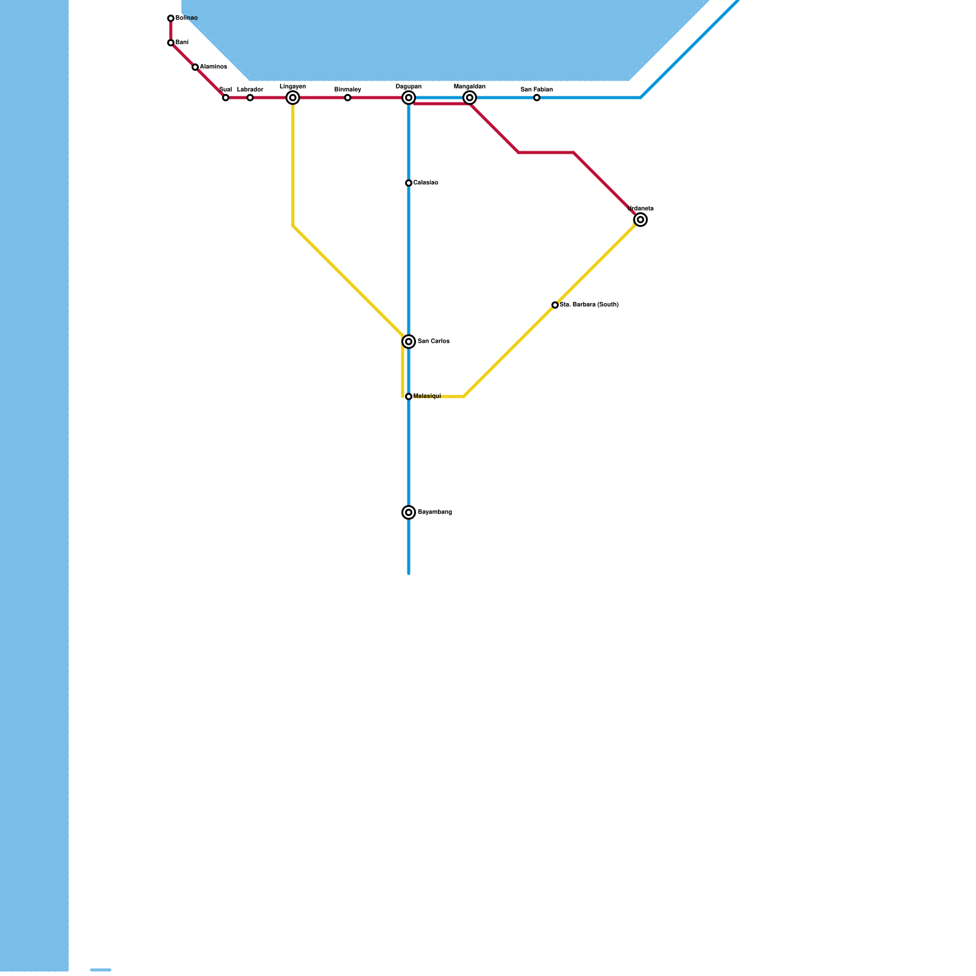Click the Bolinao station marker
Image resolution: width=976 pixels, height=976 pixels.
171,18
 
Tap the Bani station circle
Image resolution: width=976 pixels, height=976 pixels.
171,43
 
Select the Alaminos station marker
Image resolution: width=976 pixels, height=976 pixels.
195,67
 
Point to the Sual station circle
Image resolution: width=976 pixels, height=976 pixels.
226,98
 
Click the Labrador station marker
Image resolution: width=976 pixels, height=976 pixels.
250,98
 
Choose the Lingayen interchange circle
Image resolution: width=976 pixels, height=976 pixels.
293,98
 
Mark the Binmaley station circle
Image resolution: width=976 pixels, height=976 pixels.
348,98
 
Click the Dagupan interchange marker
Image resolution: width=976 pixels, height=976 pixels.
409,98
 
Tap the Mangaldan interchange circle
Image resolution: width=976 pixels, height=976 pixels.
470,98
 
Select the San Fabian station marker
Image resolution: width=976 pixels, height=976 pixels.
537,98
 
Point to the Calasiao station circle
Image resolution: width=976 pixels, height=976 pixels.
409,183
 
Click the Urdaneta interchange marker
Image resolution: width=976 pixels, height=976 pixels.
640,220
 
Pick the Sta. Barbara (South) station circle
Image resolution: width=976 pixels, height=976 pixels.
555,305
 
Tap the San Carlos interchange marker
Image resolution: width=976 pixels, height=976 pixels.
409,342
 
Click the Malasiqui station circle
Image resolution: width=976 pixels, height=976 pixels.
409,396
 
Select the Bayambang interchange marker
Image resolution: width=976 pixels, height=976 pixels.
409,512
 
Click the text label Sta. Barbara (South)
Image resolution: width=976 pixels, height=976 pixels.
589,304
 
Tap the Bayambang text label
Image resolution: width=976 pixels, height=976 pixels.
435,512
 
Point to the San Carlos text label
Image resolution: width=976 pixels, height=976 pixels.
434,342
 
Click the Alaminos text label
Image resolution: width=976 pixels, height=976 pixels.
213,67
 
